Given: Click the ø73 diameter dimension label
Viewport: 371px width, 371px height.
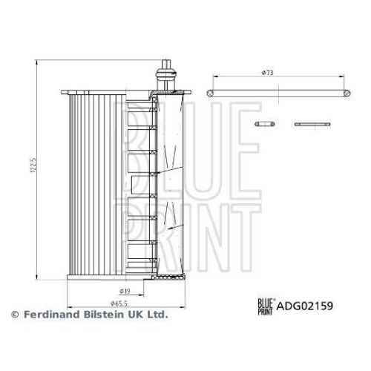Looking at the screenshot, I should [266, 73].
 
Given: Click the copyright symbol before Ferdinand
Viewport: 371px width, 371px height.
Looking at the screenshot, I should [14, 315].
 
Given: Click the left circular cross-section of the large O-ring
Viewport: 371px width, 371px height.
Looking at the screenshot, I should [211, 91].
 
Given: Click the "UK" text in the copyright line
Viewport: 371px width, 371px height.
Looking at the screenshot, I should [137, 315].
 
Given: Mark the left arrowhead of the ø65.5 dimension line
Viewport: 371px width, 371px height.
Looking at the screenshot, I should [69, 303].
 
